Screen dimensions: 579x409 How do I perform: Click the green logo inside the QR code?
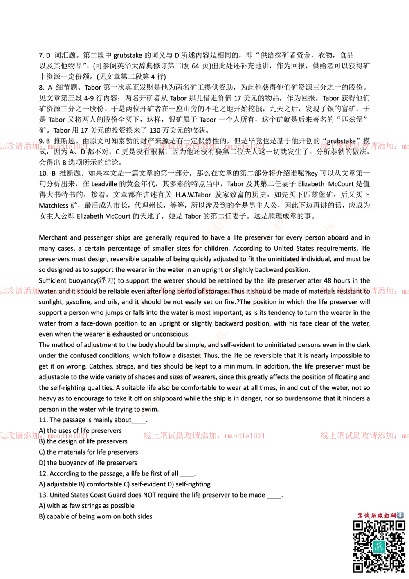[379, 546]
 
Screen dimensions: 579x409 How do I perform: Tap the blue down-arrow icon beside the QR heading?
[400, 515]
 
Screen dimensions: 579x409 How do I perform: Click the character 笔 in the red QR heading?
[361, 516]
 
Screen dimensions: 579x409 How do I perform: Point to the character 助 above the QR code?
[374, 516]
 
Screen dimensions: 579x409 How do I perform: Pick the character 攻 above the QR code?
[381, 516]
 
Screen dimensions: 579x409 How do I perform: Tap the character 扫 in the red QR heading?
[387, 516]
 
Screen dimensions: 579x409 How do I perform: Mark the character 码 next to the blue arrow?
[393, 516]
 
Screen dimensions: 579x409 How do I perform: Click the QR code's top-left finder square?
[358, 526]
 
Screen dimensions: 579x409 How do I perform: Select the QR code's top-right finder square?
[400, 526]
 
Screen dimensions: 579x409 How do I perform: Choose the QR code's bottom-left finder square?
[358, 568]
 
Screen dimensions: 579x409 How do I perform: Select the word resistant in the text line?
[351, 292]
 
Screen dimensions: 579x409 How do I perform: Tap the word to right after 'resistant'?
[367, 292]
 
